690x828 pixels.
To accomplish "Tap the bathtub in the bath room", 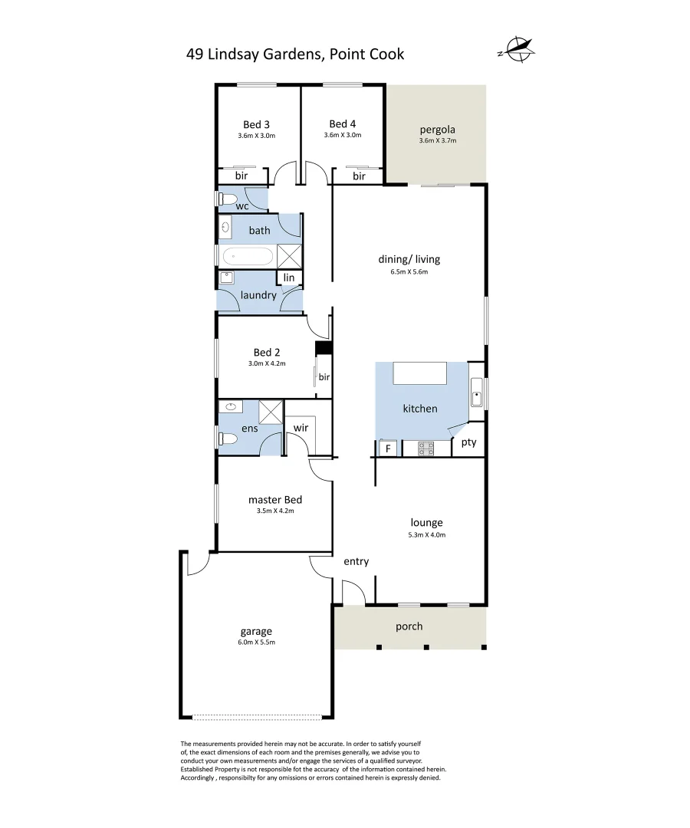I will pyautogui.click(x=247, y=255).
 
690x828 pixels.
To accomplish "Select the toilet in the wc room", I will pyautogui.click(x=226, y=199).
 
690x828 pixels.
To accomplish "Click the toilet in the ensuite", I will pyautogui.click(x=228, y=439).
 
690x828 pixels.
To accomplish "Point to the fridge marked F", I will pyautogui.click(x=387, y=449).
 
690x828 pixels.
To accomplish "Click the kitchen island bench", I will pyautogui.click(x=419, y=373).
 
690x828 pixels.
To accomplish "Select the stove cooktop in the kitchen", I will pyautogui.click(x=426, y=449).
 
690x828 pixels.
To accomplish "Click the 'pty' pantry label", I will pyautogui.click(x=468, y=442).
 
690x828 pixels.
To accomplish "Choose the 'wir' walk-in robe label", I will pyautogui.click(x=301, y=428).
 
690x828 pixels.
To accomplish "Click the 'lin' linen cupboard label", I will pyautogui.click(x=289, y=278).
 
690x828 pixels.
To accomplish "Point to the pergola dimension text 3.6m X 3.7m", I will pyautogui.click(x=437, y=141).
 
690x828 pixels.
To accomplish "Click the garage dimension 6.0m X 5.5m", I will pyautogui.click(x=256, y=642).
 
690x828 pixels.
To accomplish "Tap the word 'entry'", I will pyautogui.click(x=356, y=561).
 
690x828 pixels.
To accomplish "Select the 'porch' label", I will pyautogui.click(x=409, y=626).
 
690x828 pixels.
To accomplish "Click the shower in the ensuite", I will pyautogui.click(x=271, y=412).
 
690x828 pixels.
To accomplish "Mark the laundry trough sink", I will pyautogui.click(x=227, y=278).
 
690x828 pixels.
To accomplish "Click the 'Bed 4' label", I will pyautogui.click(x=342, y=124).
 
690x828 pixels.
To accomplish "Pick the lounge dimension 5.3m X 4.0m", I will pyautogui.click(x=426, y=535).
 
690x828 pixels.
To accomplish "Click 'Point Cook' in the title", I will pyautogui.click(x=366, y=54).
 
